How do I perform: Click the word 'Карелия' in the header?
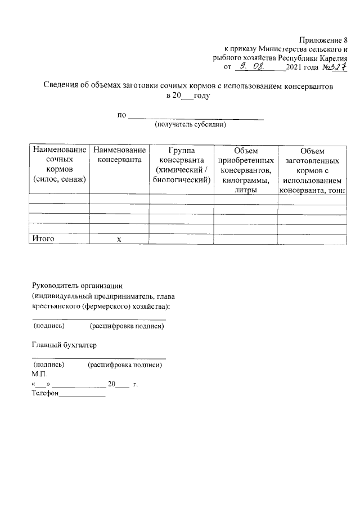coord(332,58)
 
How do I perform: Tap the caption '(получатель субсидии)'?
coord(190,124)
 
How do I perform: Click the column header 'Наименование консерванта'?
coord(119,155)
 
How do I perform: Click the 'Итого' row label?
coord(43,239)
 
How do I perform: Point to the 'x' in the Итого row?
coord(119,240)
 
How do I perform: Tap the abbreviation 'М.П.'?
coord(40,374)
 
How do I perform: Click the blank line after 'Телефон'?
coord(82,396)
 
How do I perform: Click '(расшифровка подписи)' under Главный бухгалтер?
coord(125,365)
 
